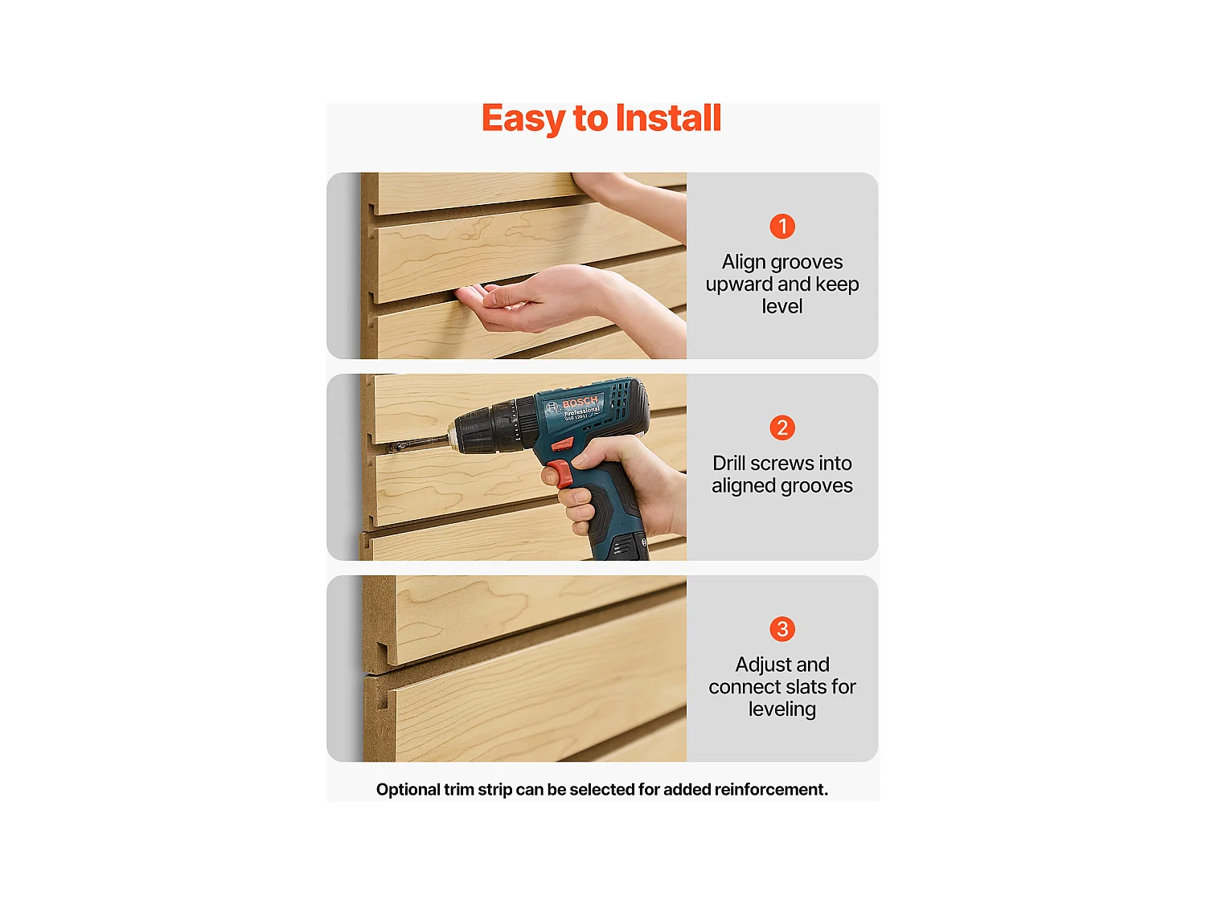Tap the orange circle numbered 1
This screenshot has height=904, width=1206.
pyautogui.click(x=781, y=226)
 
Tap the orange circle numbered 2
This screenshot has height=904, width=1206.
pyautogui.click(x=781, y=427)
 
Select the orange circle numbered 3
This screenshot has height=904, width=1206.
pyautogui.click(x=781, y=629)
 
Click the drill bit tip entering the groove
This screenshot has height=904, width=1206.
pyautogui.click(x=391, y=448)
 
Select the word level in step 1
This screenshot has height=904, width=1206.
pyautogui.click(x=781, y=305)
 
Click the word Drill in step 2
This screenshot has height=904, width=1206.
pyautogui.click(x=728, y=464)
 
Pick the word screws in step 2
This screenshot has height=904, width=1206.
pyautogui.click(x=777, y=464)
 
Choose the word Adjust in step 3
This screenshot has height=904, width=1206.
pyautogui.click(x=761, y=665)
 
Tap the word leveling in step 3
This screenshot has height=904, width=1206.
pyautogui.click(x=781, y=710)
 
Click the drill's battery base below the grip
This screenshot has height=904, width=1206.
pyautogui.click(x=621, y=545)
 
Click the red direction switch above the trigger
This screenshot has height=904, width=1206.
pyautogui.click(x=562, y=444)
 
